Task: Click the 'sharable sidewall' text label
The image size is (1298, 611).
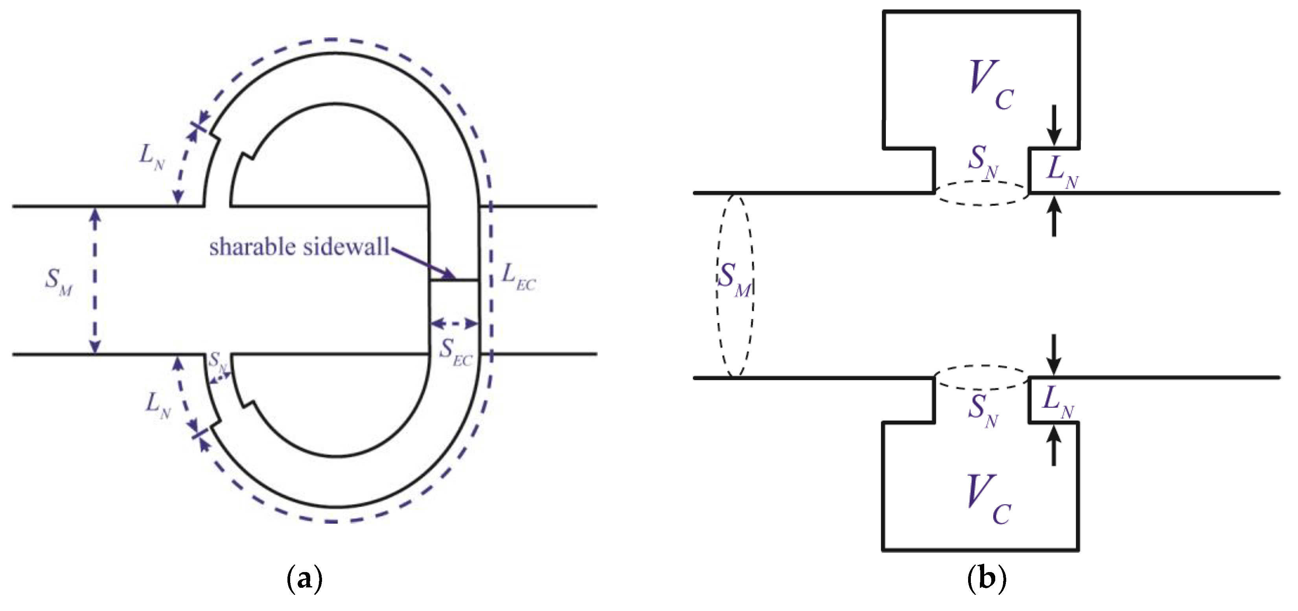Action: (x=299, y=247)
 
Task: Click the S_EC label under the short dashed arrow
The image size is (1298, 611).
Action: (x=455, y=352)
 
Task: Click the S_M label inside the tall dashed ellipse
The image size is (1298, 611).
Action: (x=734, y=280)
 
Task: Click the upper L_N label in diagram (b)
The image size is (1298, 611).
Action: (x=1062, y=172)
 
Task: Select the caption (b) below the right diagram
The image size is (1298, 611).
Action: (x=986, y=579)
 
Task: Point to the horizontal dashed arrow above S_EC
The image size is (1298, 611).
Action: (x=454, y=323)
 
